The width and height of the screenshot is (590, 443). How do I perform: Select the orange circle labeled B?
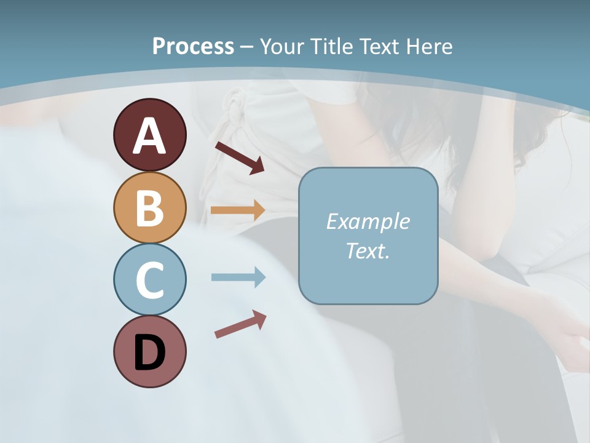coord(150,207)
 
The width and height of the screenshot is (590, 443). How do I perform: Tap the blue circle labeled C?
coord(150,279)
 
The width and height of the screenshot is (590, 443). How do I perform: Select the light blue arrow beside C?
coord(238,277)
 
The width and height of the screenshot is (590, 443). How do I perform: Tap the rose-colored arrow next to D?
coord(240,324)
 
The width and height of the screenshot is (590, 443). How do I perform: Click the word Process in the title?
coord(193,46)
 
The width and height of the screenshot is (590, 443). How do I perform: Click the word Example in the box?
coord(368,221)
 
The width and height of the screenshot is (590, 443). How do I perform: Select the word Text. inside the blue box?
coord(368,250)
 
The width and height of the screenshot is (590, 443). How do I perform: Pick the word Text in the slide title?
coord(376,46)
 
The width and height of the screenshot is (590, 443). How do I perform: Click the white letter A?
coord(150,136)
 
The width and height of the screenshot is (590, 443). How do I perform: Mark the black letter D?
coord(150,353)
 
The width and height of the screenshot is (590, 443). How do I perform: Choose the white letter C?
coord(150,280)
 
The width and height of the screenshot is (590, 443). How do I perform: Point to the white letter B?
coord(150,207)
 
